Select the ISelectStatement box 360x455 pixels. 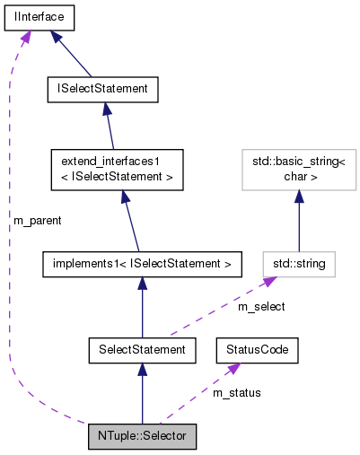click(102, 89)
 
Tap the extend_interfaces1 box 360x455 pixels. click(117, 170)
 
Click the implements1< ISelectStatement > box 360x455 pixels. click(142, 264)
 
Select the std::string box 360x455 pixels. click(299, 264)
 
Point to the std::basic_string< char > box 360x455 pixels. click(299, 170)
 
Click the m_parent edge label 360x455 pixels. click(37, 219)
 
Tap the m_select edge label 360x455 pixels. click(261, 307)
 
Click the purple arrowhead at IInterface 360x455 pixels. click(26, 36)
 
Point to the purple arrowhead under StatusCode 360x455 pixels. click(234, 369)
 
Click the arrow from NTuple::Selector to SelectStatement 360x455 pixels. click(142, 394)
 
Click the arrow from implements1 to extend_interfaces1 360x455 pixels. click(130, 220)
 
